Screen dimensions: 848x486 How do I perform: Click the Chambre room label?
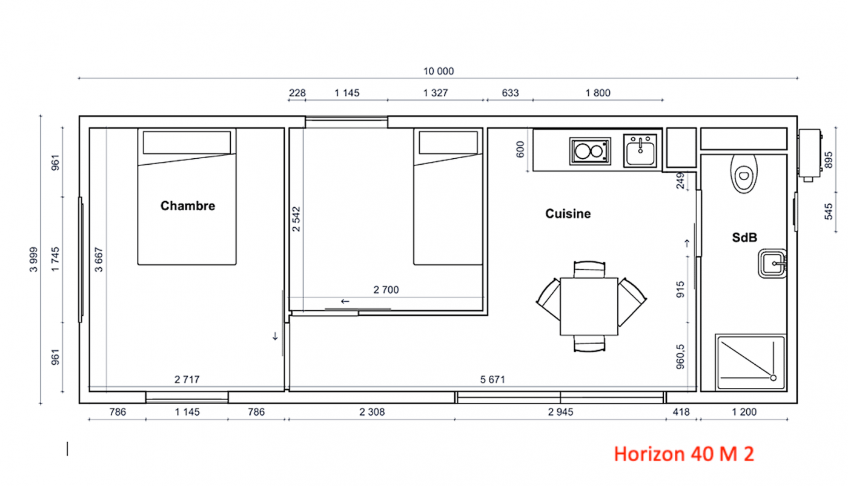[188, 205]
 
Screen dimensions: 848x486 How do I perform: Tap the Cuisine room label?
[568, 214]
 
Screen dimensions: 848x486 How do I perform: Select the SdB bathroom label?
[744, 238]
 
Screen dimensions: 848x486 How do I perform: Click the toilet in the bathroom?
[744, 174]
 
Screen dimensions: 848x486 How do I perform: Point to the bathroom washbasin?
[772, 263]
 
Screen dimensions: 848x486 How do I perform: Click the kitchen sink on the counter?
[640, 151]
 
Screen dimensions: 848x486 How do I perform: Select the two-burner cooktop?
[590, 151]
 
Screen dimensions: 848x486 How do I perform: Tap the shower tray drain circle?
[773, 378]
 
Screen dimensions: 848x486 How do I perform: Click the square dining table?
[589, 307]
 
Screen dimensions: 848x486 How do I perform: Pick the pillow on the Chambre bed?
[187, 142]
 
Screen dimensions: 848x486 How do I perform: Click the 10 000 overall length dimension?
[439, 72]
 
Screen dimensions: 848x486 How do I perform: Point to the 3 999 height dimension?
[34, 259]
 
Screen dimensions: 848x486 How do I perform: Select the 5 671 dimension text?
[492, 379]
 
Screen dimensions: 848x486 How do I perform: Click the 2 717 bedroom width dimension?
[187, 379]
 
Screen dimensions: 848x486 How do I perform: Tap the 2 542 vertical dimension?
[296, 219]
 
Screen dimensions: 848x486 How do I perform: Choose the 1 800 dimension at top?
[598, 93]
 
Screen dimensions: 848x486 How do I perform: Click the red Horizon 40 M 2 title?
[684, 454]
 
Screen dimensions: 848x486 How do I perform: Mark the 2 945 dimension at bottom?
[560, 411]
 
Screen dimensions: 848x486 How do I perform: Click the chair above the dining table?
[589, 269]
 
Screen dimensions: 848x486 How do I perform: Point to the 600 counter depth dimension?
[520, 149]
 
